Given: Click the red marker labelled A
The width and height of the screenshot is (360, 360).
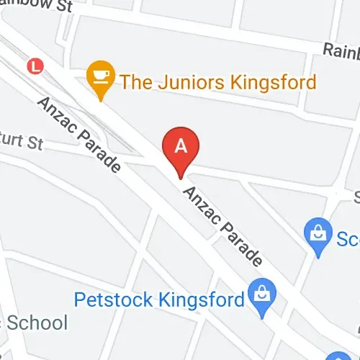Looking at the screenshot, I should click(181, 148).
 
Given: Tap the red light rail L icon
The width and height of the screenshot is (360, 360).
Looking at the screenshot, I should click(34, 66).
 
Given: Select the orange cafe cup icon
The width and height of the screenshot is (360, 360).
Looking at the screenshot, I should click(99, 76).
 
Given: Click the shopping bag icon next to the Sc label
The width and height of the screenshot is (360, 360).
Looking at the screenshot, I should click(318, 233).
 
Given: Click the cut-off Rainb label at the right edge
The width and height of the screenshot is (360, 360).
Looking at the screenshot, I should click(341, 50).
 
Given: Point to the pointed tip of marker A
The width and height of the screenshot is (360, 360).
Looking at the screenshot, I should click(181, 175).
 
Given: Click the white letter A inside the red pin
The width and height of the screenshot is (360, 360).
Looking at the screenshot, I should click(181, 145).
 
